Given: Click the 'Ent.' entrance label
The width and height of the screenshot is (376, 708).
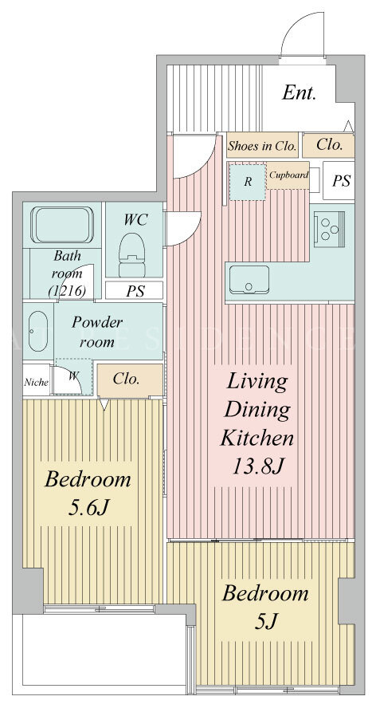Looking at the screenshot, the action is [299, 93].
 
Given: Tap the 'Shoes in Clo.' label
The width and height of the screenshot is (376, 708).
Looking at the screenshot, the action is [262, 146].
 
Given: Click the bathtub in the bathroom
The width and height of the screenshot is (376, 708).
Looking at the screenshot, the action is [62, 224].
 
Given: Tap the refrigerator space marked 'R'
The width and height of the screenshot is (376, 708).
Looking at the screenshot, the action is [248, 182].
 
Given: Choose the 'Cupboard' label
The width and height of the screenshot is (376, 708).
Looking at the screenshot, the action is [289, 175].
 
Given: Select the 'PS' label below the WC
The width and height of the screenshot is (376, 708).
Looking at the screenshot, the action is [135, 291].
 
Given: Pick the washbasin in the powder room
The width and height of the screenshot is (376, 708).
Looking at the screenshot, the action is [38, 331].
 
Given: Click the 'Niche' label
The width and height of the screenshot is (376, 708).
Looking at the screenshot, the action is [36, 382].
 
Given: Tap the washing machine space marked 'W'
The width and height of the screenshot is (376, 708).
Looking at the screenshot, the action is [73, 376].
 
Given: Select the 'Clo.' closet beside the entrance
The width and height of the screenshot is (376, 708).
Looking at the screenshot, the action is [328, 145].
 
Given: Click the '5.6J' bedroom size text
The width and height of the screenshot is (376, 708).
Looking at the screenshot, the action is [88, 508].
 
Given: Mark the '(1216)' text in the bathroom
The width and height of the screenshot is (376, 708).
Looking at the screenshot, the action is [67, 292].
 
